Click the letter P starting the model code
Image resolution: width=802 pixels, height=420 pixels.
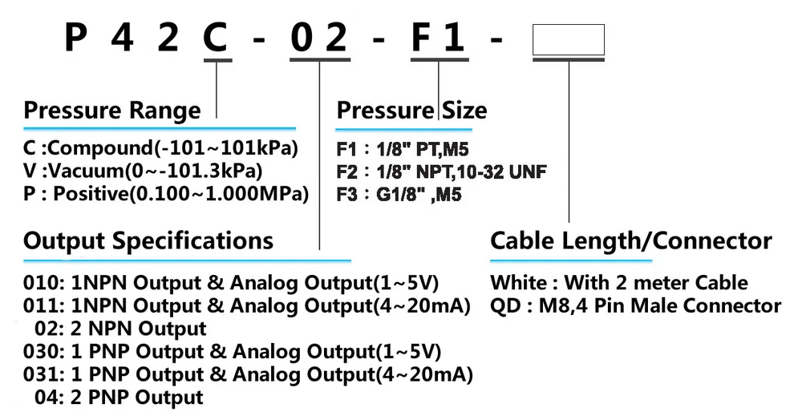pyautogui.click(x=75, y=38)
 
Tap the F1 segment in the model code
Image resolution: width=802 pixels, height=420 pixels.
pyautogui.click(x=439, y=38)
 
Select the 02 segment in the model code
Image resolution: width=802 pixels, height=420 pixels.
pyautogui.click(x=319, y=38)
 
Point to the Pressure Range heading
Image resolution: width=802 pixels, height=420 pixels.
pyautogui.click(x=112, y=111)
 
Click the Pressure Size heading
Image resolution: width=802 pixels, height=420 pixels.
pyautogui.click(x=411, y=111)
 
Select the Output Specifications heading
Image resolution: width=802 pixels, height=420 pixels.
pyautogui.click(x=148, y=240)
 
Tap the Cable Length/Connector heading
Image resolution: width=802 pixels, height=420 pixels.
pyautogui.click(x=630, y=240)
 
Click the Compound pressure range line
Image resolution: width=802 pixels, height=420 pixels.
pyautogui.click(x=160, y=148)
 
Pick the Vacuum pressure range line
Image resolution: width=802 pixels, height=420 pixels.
pyautogui.click(x=143, y=171)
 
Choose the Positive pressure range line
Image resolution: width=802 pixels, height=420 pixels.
pyautogui.click(x=166, y=194)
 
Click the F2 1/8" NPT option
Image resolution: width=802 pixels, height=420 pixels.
pyautogui.click(x=441, y=172)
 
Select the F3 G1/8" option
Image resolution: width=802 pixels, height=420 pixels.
pyautogui.click(x=399, y=195)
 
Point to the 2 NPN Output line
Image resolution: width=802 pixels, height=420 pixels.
pyautogui.click(x=120, y=329)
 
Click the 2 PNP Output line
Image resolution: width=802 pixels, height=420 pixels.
pyautogui.click(x=119, y=398)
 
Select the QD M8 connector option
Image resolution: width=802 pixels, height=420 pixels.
pyautogui.click(x=635, y=305)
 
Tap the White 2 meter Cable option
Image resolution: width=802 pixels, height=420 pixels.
pyautogui.click(x=619, y=283)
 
